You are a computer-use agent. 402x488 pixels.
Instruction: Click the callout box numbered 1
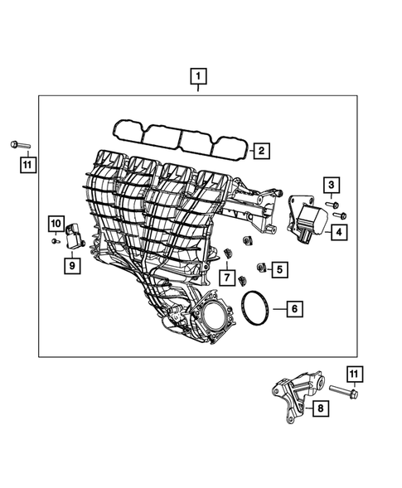(199, 80)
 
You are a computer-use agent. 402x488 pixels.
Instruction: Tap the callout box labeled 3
(331, 184)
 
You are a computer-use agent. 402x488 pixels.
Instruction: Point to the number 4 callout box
(339, 234)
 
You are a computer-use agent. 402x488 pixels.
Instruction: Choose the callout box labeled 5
(278, 268)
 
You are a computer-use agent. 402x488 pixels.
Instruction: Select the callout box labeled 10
(55, 223)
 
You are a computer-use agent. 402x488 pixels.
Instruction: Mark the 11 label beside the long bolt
(354, 374)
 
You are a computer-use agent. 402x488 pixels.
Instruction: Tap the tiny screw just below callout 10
(55, 240)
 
